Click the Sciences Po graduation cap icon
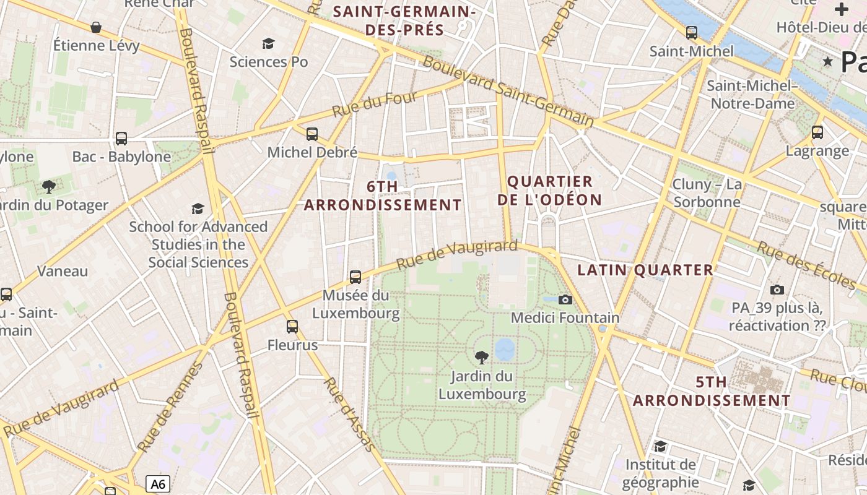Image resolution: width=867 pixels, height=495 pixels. tap(268, 43)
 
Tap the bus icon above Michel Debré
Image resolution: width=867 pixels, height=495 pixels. tap(312, 134)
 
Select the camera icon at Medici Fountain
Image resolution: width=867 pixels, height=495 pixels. tap(565, 299)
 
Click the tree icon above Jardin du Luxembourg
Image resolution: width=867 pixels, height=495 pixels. tap(481, 357)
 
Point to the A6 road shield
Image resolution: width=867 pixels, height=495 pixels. tap(158, 484)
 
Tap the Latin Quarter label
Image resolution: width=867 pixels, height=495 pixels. tap(645, 270)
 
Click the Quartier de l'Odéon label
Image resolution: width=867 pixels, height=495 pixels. tap(550, 191)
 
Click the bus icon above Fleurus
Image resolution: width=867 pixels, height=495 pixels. tap(292, 326)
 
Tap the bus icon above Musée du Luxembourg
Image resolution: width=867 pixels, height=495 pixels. tap(355, 277)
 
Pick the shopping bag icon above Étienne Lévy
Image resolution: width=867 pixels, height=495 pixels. tap(96, 27)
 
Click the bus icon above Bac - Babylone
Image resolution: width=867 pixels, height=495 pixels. tap(121, 139)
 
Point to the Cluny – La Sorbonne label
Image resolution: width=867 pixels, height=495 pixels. tap(707, 193)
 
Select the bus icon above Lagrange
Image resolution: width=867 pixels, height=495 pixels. tap(817, 132)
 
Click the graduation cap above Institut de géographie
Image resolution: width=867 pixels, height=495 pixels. tap(660, 446)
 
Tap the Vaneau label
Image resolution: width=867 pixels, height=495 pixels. tap(63, 271)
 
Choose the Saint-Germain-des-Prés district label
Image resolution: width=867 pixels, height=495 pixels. tap(404, 20)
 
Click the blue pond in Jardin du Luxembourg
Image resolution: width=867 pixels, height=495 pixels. tap(505, 349)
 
